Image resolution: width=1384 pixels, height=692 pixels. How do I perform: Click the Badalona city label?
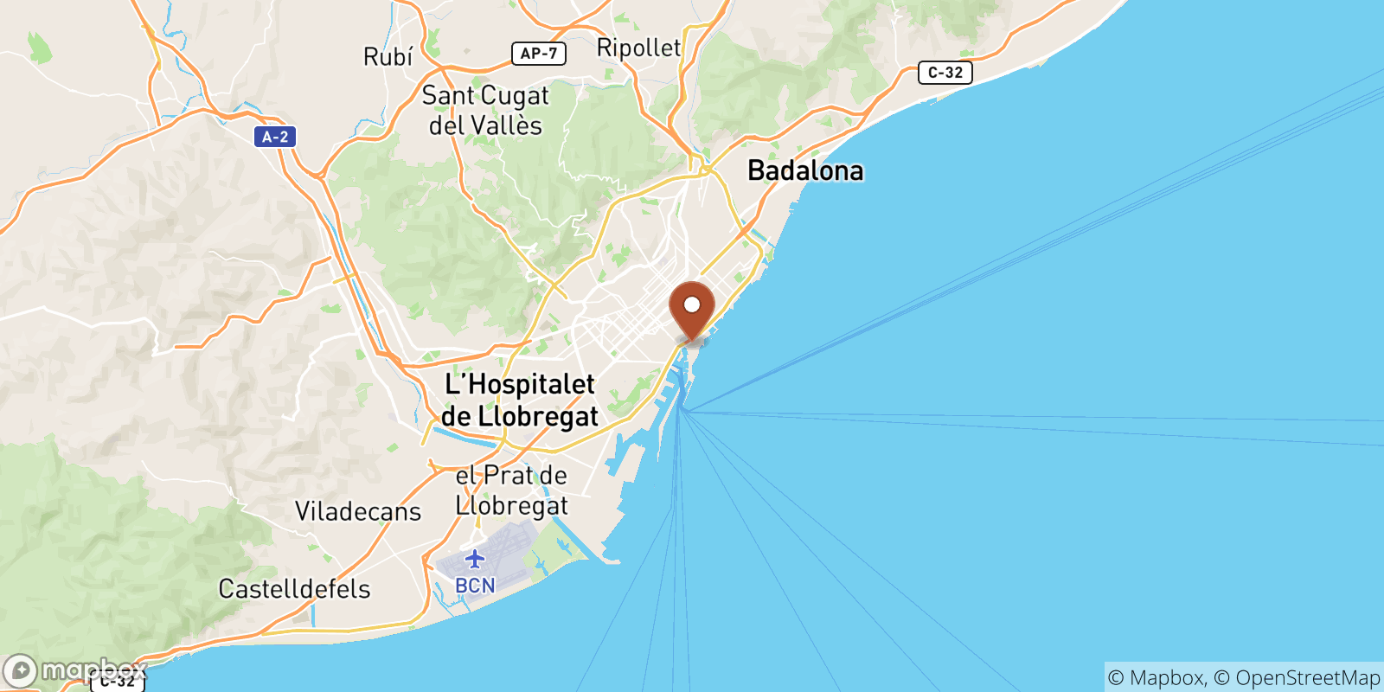[804, 170]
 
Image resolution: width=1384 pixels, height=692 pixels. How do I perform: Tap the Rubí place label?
[388, 57]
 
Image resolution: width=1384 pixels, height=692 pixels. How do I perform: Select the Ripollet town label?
[638, 48]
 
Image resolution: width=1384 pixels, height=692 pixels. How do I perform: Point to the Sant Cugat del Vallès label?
[485, 110]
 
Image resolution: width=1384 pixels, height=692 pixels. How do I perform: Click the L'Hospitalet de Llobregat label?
[520, 400]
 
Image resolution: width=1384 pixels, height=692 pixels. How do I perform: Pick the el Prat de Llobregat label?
[511, 490]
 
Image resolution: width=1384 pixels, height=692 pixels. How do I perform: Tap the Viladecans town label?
[358, 511]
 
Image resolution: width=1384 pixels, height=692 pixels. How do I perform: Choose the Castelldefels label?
[294, 589]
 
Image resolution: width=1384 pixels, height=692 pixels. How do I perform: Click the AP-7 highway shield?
[538, 54]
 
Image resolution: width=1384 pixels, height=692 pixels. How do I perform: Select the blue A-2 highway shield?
[275, 137]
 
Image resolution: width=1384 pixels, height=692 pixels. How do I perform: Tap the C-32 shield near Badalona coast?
[945, 73]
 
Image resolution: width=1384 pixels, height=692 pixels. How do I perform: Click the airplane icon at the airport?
[475, 559]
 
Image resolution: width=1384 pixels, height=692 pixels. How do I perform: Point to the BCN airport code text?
[475, 586]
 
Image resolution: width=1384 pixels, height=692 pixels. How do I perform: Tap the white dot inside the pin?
[692, 304]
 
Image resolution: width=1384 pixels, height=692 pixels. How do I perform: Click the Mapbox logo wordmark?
[93, 670]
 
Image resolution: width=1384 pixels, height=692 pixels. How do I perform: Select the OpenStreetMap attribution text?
[1307, 677]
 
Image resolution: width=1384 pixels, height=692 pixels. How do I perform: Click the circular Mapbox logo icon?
[20, 671]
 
